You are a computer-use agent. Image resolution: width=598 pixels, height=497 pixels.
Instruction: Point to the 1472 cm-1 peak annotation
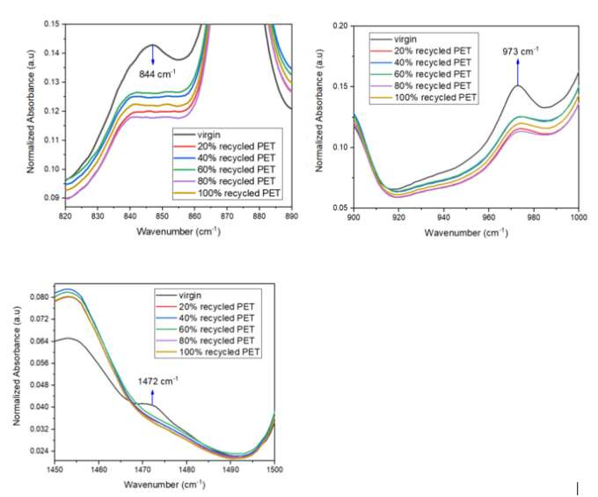click(157, 381)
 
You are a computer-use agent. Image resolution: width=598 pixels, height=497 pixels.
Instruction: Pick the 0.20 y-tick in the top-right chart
click(339, 26)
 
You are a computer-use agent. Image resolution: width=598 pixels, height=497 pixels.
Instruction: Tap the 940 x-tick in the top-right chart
click(443, 216)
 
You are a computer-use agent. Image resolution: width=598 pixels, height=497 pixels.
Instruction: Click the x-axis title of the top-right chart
click(465, 232)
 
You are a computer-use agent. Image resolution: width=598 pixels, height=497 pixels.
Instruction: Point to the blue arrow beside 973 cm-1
click(517, 71)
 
